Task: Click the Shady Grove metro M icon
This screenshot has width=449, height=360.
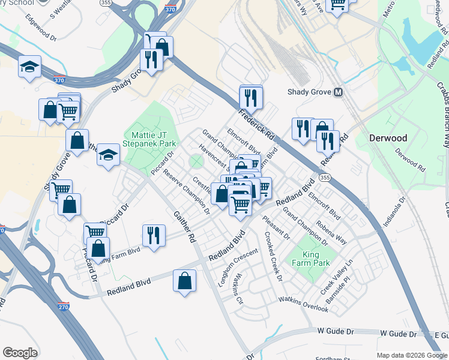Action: (x=339, y=92)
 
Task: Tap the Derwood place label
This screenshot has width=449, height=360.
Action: (x=387, y=138)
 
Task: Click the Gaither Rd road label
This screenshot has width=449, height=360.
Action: (x=184, y=226)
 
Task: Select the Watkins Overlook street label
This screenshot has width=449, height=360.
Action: (x=303, y=304)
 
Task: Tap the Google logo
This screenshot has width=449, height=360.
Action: (x=20, y=353)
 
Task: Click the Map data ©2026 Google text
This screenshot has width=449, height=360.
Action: (x=412, y=355)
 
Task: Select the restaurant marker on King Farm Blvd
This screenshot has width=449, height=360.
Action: (x=154, y=235)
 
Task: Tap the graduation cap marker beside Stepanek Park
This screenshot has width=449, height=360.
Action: (x=109, y=155)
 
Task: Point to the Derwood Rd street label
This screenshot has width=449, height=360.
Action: (x=409, y=161)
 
